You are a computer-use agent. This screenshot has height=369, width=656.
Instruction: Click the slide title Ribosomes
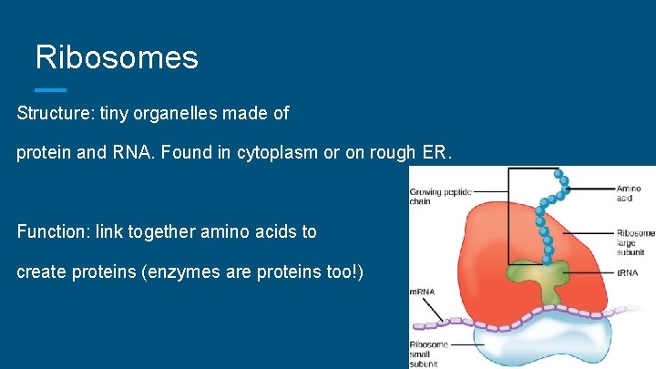[x=116, y=57]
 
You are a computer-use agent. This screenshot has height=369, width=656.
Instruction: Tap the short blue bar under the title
[x=50, y=89]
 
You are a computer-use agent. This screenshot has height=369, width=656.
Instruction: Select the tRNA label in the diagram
[x=627, y=272]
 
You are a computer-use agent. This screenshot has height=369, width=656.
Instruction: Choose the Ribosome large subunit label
[x=635, y=243]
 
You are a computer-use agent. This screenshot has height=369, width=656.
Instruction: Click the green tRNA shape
[x=548, y=284]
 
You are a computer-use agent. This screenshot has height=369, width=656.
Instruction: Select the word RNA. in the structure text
[x=136, y=153]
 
